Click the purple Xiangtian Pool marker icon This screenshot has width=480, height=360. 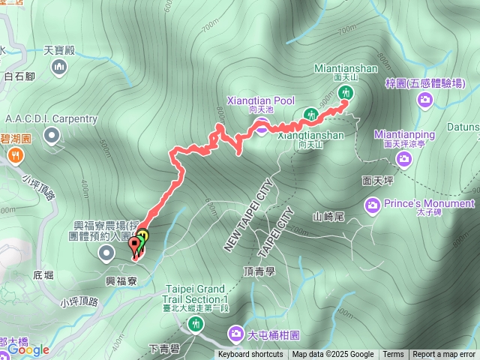click(x=261, y=125)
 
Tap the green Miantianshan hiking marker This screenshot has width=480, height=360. click(x=346, y=92)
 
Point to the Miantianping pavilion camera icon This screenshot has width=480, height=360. click(x=405, y=158)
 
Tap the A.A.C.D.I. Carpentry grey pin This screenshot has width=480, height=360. click(x=51, y=135)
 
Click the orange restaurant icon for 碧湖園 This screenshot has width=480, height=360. click(x=15, y=155)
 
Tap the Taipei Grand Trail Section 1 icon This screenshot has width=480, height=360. click(x=196, y=323)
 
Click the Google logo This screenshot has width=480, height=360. click(x=28, y=349)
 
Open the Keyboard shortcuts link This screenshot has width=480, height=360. click(x=251, y=355)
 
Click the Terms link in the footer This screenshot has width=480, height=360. click(x=393, y=355)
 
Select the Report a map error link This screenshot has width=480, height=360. click(x=444, y=355)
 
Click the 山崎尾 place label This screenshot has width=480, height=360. click(x=328, y=217)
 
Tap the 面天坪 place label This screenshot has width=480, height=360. click(x=377, y=181)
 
